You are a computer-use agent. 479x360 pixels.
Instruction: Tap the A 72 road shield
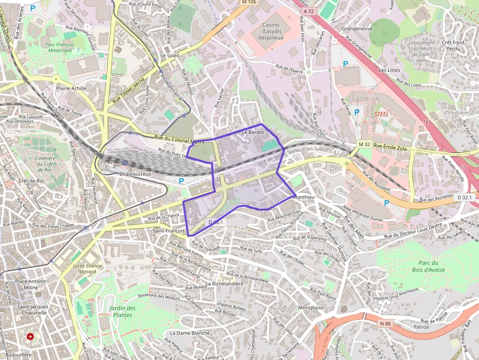click(x=307, y=11)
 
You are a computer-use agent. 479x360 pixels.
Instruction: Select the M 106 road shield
click(x=249, y=2)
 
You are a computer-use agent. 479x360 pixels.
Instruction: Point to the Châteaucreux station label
click(x=135, y=174)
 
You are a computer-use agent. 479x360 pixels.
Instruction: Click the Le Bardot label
click(x=253, y=132)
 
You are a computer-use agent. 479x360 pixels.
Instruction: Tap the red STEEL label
click(x=381, y=113)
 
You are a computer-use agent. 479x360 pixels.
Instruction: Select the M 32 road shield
click(x=364, y=145)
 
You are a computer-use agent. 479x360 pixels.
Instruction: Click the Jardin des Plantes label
click(x=122, y=312)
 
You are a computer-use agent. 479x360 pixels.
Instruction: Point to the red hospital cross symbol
click(x=31, y=337)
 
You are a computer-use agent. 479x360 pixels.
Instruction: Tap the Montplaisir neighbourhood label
click(x=311, y=308)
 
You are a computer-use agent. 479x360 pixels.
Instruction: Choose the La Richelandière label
click(x=224, y=283)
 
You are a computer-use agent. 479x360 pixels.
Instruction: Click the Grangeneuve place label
click(x=357, y=29)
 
